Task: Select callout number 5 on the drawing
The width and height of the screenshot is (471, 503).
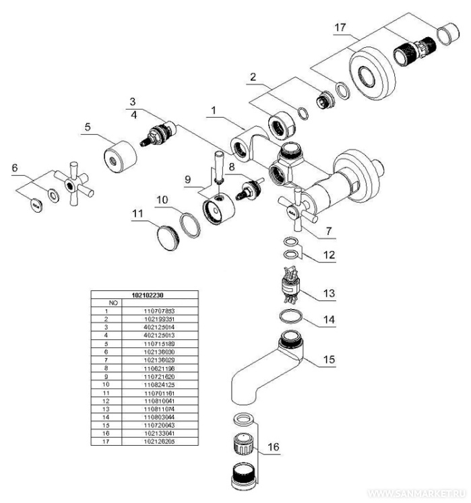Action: pos(88,126)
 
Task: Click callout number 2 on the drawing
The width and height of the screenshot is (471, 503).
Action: pos(252,77)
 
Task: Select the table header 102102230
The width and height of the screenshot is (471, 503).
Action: pos(144,295)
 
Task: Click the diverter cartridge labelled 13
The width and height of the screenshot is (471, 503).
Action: pos(291,283)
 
